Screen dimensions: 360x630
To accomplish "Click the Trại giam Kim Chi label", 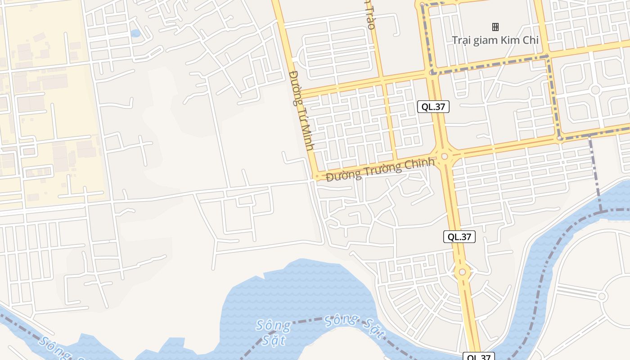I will click(x=495, y=40).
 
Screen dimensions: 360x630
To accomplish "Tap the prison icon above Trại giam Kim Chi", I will click(x=495, y=27).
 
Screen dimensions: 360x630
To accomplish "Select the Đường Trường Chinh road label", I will click(x=381, y=169).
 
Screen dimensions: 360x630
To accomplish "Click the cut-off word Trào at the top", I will click(x=370, y=18).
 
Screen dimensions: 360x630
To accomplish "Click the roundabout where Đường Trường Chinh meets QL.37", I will click(x=445, y=156).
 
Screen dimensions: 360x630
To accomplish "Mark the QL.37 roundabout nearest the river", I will click(x=462, y=272).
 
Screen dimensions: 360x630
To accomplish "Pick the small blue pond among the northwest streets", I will click(x=135, y=33).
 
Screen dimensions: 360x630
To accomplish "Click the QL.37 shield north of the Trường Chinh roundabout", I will click(x=433, y=107).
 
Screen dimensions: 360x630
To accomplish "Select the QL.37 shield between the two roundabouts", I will click(x=459, y=237).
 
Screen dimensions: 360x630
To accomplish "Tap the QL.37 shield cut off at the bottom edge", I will click(x=479, y=357).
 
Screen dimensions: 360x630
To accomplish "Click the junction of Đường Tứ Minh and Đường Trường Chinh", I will click(x=317, y=176).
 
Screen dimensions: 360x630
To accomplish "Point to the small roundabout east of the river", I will click(x=602, y=296).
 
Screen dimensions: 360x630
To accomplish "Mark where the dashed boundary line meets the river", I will click(x=601, y=211).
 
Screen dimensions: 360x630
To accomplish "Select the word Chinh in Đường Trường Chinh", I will click(x=419, y=164).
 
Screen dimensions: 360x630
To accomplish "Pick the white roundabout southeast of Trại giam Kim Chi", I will click(x=595, y=90).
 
